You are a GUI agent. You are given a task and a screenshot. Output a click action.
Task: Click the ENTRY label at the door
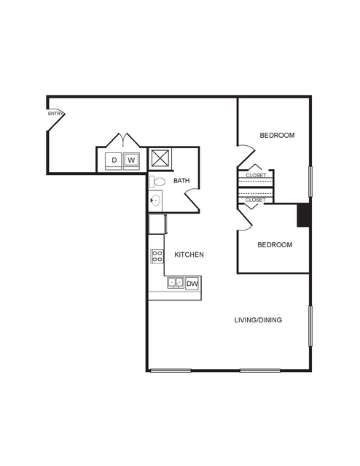55,114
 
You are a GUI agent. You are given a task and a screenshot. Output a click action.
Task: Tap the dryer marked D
114,160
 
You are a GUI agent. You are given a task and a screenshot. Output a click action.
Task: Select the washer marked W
131,160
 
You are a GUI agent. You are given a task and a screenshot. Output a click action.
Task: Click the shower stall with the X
160,158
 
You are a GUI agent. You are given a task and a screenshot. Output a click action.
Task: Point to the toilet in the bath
157,182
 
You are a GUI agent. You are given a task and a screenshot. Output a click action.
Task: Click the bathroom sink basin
155,201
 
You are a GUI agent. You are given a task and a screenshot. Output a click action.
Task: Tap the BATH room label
181,181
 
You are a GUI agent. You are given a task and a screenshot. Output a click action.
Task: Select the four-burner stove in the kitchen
157,257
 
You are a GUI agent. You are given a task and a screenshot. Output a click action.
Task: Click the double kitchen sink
176,282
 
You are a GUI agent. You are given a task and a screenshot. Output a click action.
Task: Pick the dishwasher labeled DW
192,284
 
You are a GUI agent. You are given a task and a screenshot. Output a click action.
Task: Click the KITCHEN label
189,255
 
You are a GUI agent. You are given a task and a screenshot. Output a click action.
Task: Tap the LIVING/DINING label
258,320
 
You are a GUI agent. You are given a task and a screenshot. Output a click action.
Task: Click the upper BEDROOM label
277,136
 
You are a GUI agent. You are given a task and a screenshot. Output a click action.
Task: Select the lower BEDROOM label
275,245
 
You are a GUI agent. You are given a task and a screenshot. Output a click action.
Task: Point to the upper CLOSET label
256,175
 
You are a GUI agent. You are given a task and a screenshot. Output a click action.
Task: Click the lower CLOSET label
256,200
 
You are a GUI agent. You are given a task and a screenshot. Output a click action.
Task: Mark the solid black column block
304,215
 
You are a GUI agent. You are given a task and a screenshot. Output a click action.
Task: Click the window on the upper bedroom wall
310,182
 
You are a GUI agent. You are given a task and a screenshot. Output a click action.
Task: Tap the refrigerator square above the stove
157,225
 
